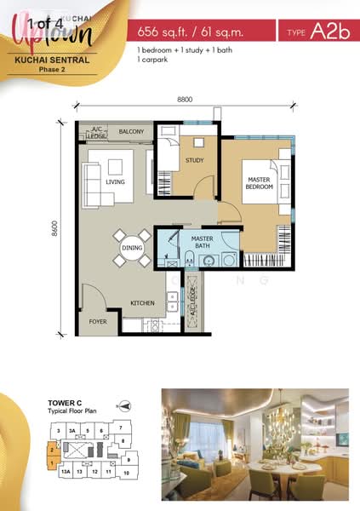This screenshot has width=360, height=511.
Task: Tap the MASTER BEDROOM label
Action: pos(259,183)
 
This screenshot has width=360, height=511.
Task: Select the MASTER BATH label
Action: pos(202,242)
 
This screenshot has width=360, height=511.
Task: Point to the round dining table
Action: pos(132,248)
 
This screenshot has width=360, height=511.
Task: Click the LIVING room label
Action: pos(115,182)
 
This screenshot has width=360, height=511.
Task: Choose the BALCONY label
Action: pos(131,132)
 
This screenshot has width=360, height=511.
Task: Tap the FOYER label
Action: pos(99,321)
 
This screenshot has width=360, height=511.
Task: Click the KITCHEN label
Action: pos(141,303)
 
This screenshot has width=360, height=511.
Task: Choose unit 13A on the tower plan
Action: pos(64,471)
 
